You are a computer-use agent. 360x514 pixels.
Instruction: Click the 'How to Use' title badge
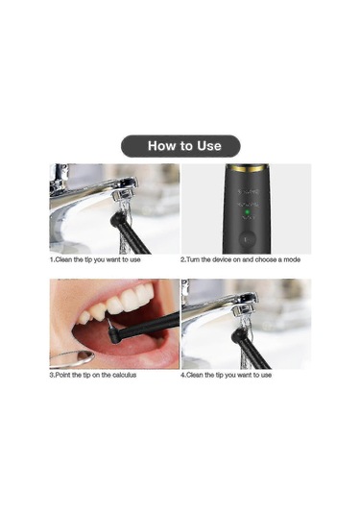(x=180, y=146)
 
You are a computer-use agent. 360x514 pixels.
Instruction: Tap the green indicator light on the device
(x=248, y=211)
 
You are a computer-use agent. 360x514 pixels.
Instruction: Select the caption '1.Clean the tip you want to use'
(x=95, y=259)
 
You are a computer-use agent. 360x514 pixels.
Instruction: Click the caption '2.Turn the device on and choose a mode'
(x=240, y=259)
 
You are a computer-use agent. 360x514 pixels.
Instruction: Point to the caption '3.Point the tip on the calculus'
(x=93, y=375)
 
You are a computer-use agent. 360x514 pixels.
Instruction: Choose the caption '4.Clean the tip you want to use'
(x=226, y=375)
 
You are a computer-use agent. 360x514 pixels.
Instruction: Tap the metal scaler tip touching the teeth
(x=109, y=325)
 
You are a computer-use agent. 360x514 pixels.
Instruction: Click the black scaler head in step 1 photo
(x=119, y=220)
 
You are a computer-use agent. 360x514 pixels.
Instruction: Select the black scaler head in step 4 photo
(x=238, y=336)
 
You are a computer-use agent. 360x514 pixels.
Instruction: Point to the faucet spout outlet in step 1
(x=124, y=196)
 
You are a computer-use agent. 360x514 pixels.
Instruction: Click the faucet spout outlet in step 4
(x=244, y=310)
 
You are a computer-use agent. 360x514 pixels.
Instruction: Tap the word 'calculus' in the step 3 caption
(x=125, y=375)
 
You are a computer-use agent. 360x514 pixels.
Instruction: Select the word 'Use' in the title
(x=209, y=146)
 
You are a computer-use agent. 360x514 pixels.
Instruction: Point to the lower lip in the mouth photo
(x=125, y=355)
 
